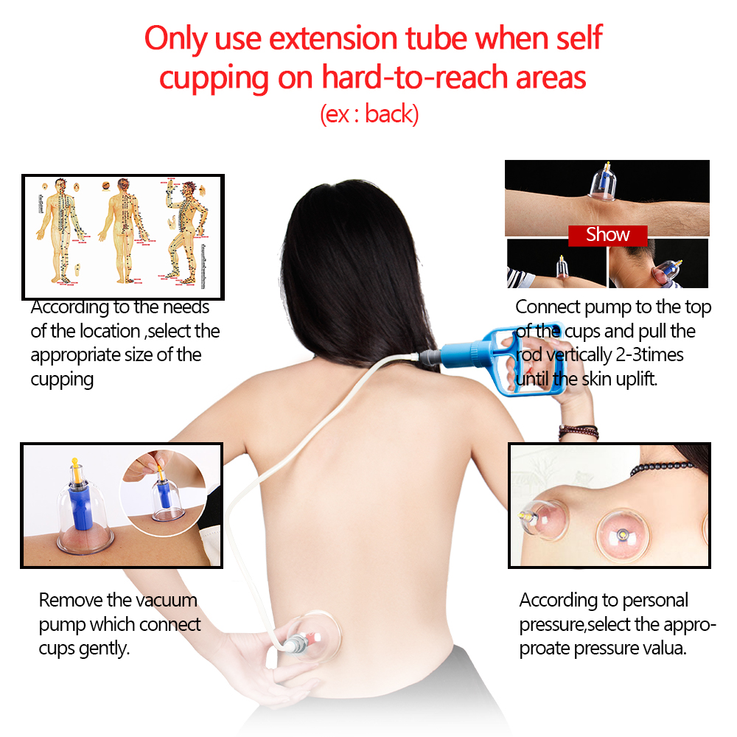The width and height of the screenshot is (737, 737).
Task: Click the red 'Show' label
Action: pos(607,235)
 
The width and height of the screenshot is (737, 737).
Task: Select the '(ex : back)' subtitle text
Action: pos(368,114)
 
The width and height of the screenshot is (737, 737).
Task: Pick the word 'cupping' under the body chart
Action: pos(62,380)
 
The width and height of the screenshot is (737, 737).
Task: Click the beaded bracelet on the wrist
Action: pos(578,431)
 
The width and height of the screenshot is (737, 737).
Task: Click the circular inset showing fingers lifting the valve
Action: pos(170,489)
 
